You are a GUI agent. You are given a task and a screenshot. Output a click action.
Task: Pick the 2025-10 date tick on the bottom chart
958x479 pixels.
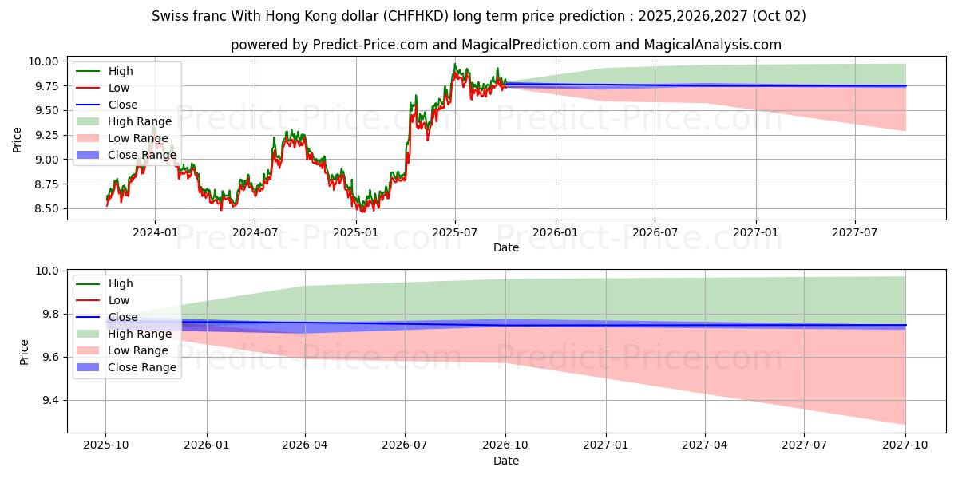(105, 445)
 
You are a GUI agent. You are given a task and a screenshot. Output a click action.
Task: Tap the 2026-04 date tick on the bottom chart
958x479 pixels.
(306, 445)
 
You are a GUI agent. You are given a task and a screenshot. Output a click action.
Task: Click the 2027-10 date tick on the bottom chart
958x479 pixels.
(905, 445)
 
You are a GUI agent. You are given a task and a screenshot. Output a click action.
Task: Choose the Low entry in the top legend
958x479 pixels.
(119, 88)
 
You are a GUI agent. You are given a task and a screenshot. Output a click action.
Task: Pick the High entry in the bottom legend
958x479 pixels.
(121, 283)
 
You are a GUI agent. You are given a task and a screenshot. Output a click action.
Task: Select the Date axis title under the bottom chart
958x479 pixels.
(505, 461)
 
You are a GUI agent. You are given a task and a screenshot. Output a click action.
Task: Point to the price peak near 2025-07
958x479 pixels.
(455, 64)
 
